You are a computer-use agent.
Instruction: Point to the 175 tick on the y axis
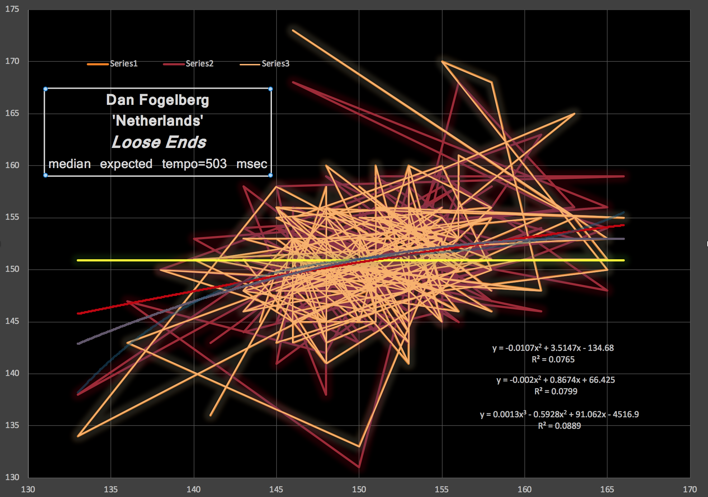[x=12, y=9]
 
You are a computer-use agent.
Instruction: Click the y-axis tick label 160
[x=12, y=165]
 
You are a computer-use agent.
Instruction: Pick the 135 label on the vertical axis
[x=12, y=425]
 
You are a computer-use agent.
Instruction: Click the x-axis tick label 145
[x=276, y=489]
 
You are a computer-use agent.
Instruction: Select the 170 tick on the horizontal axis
[x=690, y=489]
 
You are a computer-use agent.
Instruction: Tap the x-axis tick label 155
[x=442, y=489]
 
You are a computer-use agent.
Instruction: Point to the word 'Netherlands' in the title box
[x=158, y=121]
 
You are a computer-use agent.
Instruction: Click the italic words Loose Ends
[x=159, y=142]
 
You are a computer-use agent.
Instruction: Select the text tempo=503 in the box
[x=194, y=164]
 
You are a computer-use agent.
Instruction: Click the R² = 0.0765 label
[x=553, y=359]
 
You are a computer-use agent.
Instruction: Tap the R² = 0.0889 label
[x=559, y=426]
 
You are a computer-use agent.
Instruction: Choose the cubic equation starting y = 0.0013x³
[x=559, y=414]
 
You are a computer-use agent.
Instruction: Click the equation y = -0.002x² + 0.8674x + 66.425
[x=556, y=380]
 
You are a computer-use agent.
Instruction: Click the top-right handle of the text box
[x=270, y=89]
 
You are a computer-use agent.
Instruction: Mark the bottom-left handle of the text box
[x=46, y=175]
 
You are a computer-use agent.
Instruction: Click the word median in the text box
[x=70, y=164]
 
